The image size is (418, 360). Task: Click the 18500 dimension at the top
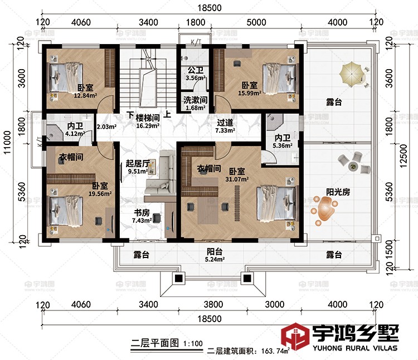pyautogui.click(x=210, y=8)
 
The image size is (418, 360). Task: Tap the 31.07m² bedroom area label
pyautogui.click(x=237, y=179)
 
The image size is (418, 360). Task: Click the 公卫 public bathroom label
pyautogui.click(x=195, y=70)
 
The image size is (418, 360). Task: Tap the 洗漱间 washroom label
pyautogui.click(x=195, y=100)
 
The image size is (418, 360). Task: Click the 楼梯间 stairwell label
pyautogui.click(x=148, y=118)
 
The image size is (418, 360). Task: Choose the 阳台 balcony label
pyautogui.click(x=212, y=251)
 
